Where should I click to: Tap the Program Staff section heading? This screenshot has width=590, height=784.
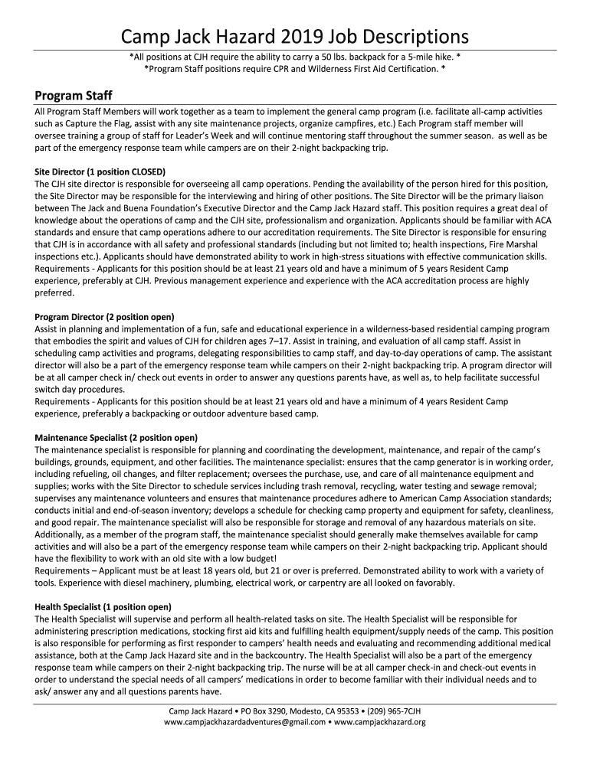pyautogui.click(x=74, y=96)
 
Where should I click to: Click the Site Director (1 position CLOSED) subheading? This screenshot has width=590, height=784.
pyautogui.click(x=100, y=171)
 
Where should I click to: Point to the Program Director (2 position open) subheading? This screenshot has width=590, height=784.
pyautogui.click(x=104, y=316)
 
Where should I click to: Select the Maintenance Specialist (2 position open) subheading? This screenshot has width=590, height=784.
pyautogui.click(x=116, y=437)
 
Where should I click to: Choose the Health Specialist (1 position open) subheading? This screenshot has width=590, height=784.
pyautogui.click(x=103, y=607)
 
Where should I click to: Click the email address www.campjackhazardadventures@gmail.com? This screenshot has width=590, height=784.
pyautogui.click(x=244, y=722)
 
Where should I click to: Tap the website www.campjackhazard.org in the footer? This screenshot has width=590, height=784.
pyautogui.click(x=380, y=722)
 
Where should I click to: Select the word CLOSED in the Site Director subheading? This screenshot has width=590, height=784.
pyautogui.click(x=148, y=171)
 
